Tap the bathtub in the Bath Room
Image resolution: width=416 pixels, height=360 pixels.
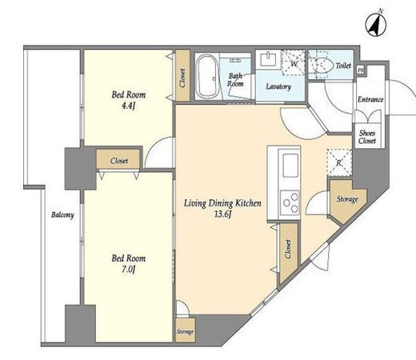[x=207, y=76]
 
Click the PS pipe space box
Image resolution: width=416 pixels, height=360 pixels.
[x=360, y=70]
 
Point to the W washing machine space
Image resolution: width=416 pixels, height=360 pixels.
[x=294, y=63]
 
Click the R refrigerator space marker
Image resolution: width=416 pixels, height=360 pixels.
[x=339, y=162]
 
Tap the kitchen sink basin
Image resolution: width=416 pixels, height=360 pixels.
[x=290, y=166]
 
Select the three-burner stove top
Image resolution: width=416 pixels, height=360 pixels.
[x=290, y=204]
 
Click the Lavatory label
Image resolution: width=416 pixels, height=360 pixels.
[x=278, y=86]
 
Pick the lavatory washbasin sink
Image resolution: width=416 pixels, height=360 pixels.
[x=268, y=59]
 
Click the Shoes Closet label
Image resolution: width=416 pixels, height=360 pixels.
[x=367, y=137]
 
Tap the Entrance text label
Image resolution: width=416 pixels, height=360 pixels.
[x=370, y=99]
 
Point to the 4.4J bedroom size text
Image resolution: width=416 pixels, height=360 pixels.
[x=128, y=106]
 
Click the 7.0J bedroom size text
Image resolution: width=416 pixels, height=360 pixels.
[x=129, y=270]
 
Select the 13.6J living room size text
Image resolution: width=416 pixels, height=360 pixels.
[x=222, y=214]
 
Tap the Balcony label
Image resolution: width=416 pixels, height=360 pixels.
[x=62, y=215]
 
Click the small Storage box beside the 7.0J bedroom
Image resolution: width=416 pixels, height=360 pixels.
[x=185, y=330]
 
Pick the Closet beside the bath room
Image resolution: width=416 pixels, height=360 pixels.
[x=182, y=76]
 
